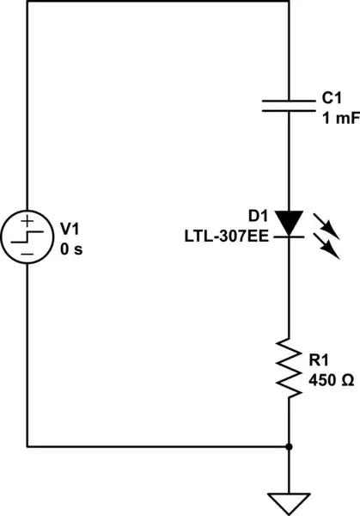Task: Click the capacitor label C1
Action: (332, 101)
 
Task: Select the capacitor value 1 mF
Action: (339, 119)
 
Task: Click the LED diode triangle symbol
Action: (289, 221)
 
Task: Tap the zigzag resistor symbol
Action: (289, 368)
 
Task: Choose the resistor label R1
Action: (318, 359)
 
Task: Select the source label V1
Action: (69, 229)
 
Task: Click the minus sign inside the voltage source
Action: (27, 255)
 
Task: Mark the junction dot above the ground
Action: (289, 447)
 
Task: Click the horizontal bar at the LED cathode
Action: (289, 234)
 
